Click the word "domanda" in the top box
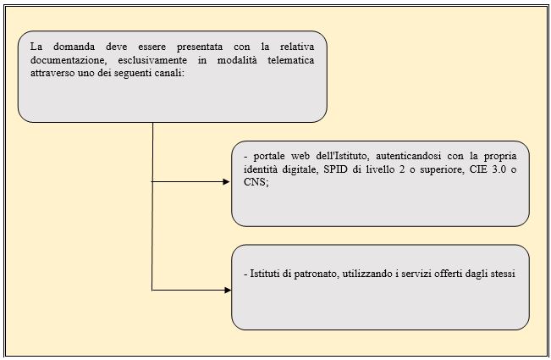point(74,47)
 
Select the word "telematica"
point(290,60)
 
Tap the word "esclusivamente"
point(152,60)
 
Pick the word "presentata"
point(199,47)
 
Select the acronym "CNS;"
point(256,182)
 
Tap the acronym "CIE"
point(477,169)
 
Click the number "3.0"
point(499,169)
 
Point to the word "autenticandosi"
point(408,156)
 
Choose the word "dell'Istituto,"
point(342,156)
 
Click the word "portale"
point(269,157)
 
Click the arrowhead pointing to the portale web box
point(226,182)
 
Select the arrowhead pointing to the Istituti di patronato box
point(228,290)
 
